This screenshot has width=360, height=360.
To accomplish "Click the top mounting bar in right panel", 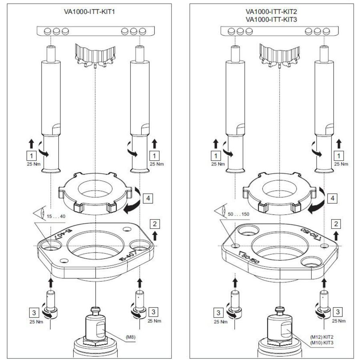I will coord(279,30).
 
